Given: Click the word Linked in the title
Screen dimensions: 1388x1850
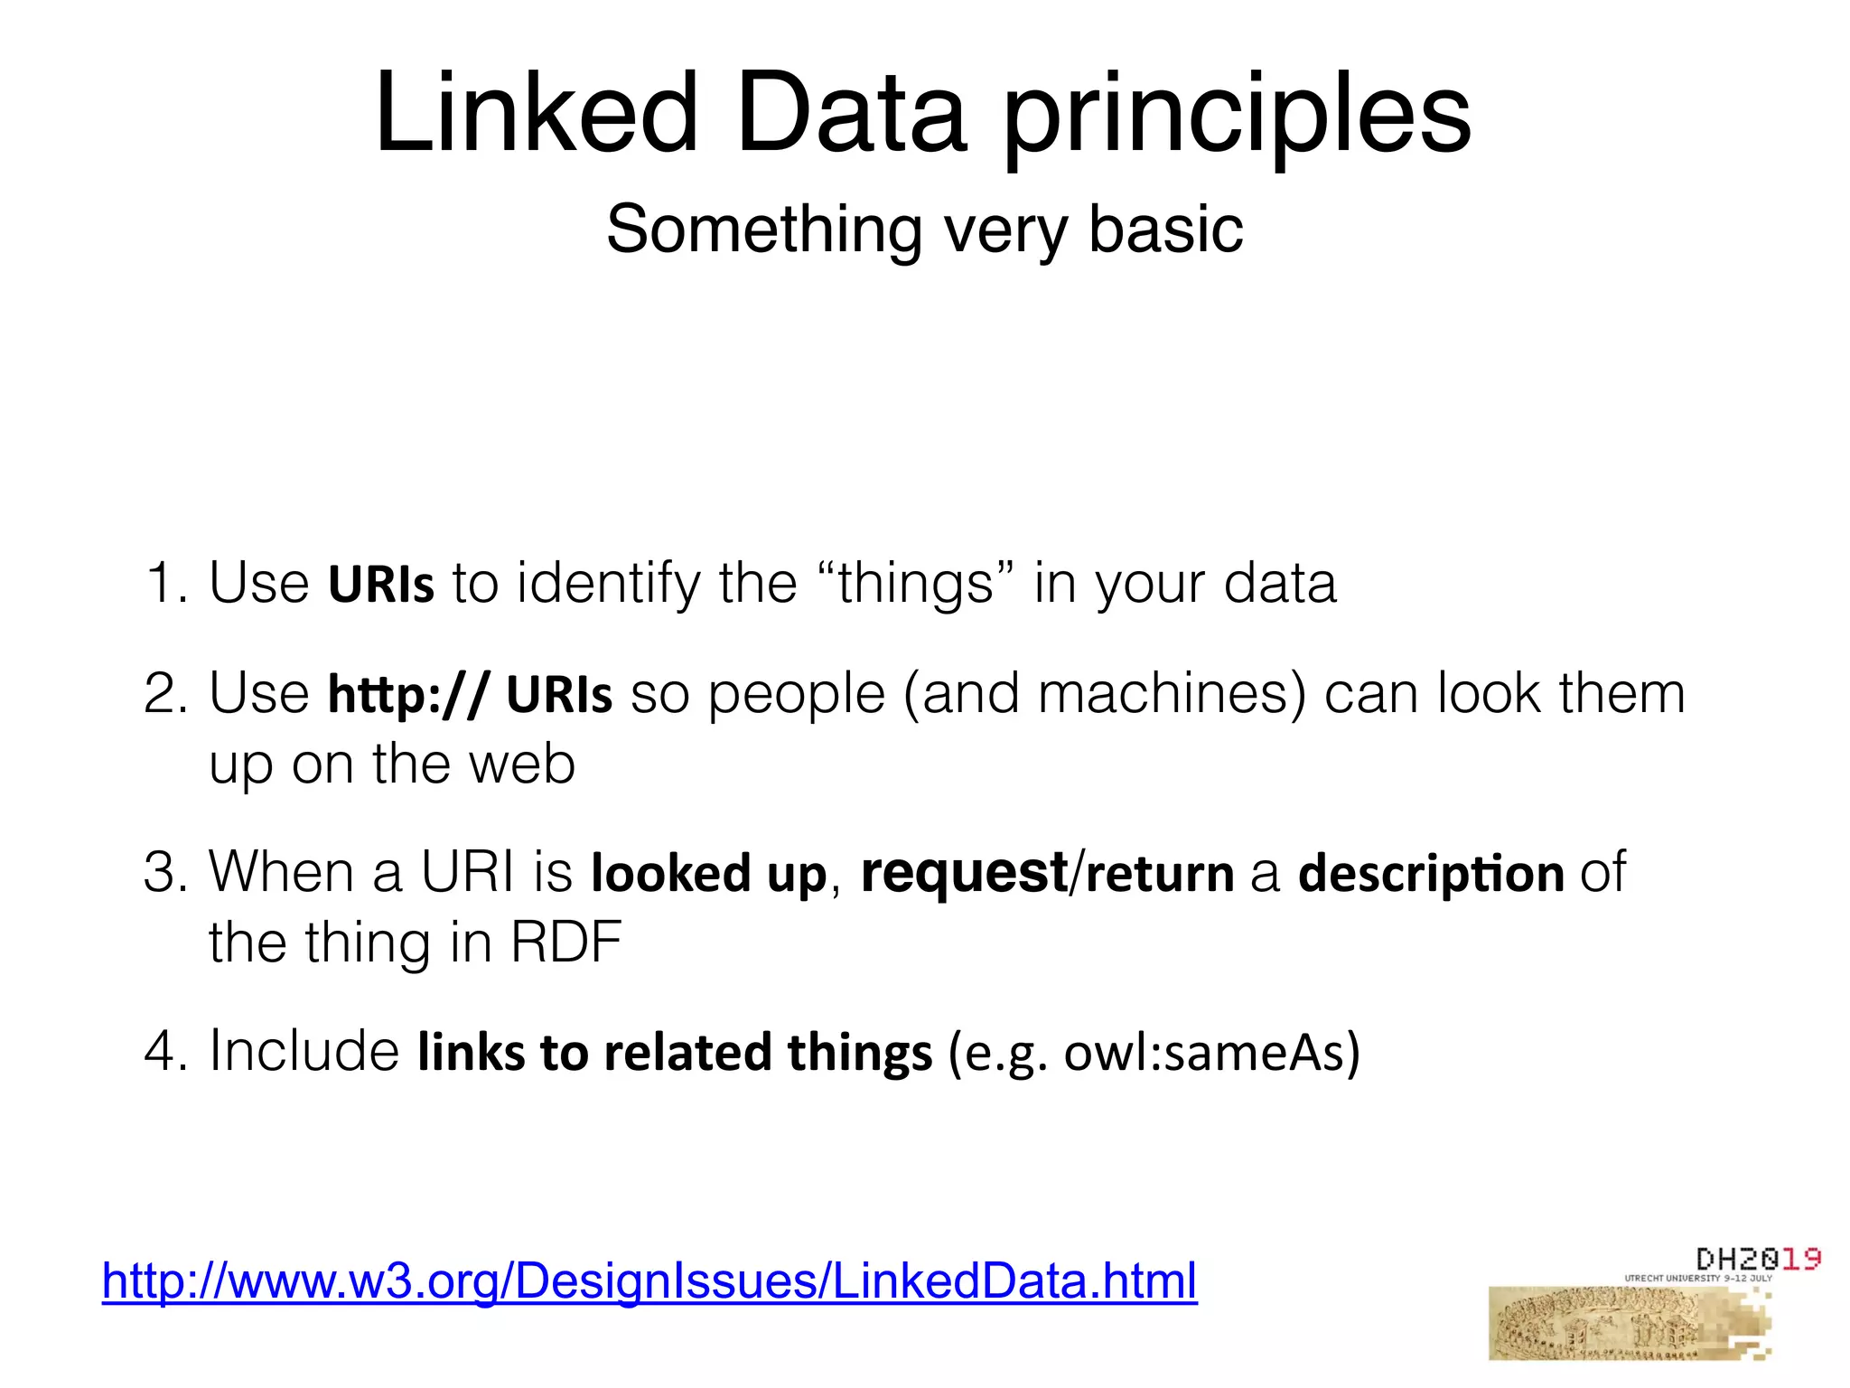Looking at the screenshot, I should (537, 115).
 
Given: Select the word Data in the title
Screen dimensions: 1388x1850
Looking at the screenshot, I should (851, 115).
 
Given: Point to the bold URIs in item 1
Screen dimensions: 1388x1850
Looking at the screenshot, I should (380, 584).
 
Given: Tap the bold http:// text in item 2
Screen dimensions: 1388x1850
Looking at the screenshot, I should (408, 694).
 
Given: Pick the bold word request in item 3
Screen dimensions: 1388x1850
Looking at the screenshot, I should (963, 873).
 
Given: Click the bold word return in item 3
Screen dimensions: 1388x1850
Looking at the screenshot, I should (1159, 873).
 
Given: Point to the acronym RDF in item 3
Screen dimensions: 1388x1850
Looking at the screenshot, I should (566, 943).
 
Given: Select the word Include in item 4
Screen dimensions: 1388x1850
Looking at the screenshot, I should (304, 1051).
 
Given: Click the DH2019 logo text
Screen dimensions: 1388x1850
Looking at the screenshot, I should (1757, 1259).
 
